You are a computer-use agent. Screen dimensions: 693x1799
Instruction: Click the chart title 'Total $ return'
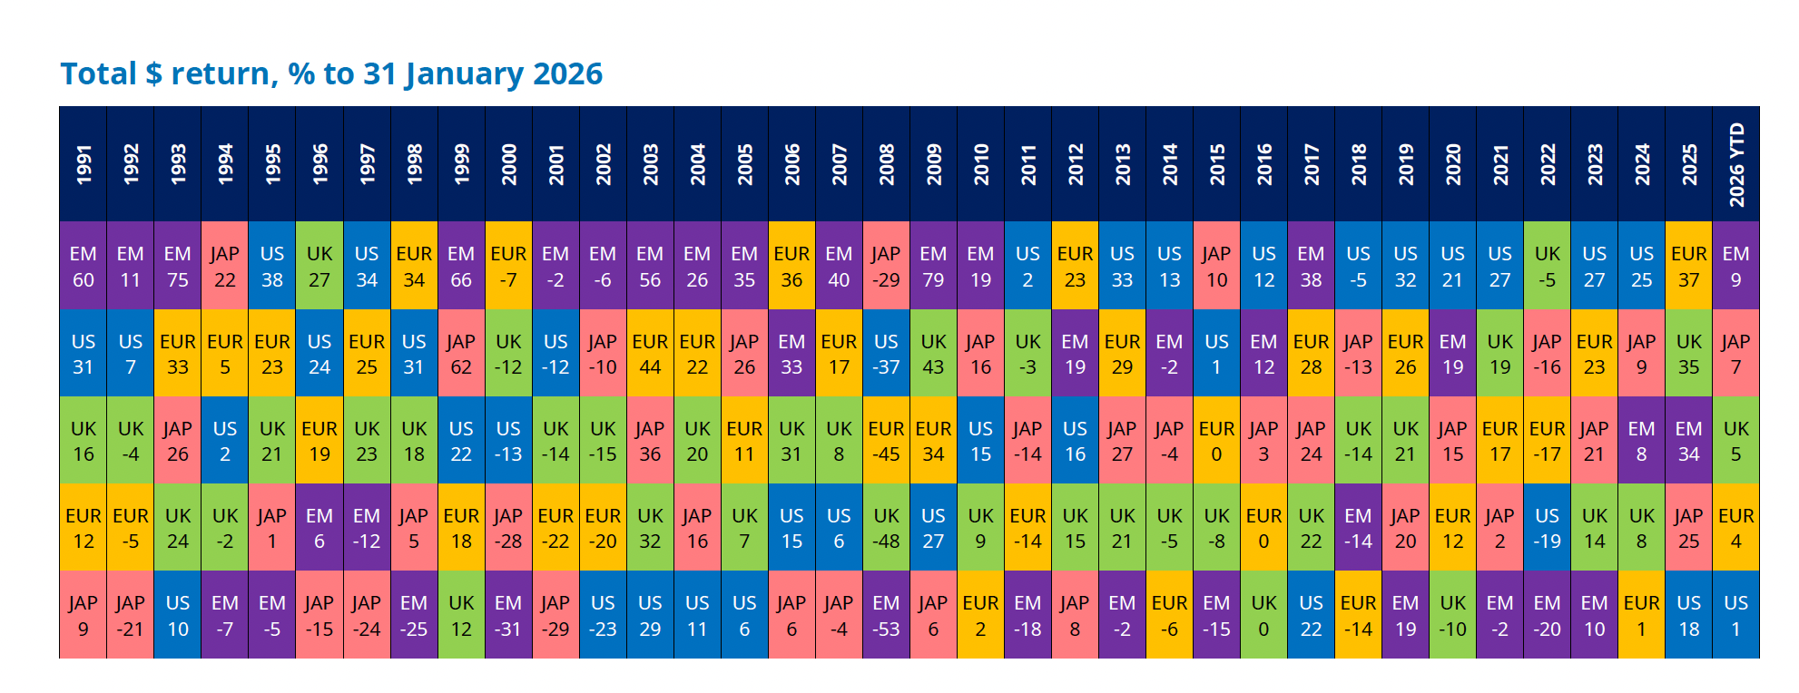pyautogui.click(x=331, y=73)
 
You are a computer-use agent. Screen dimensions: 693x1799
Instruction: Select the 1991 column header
pyautogui.click(x=84, y=164)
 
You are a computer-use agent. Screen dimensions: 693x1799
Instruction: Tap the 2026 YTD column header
pyautogui.click(x=1735, y=164)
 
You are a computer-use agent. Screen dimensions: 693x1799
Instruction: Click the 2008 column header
pyautogui.click(x=886, y=164)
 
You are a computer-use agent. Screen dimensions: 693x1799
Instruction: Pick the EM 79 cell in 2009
pyautogui.click(x=933, y=266)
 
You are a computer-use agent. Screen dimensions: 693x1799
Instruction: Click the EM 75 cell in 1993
pyautogui.click(x=178, y=266)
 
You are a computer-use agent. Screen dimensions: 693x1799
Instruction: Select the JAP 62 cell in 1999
pyautogui.click(x=461, y=354)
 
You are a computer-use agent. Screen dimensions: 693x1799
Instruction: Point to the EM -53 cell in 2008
pyautogui.click(x=886, y=615)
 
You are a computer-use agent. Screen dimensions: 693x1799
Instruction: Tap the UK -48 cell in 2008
pyautogui.click(x=886, y=528)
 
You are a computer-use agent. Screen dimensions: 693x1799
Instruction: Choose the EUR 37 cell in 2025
pyautogui.click(x=1688, y=266)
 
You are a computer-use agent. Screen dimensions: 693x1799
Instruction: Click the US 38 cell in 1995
pyautogui.click(x=272, y=266)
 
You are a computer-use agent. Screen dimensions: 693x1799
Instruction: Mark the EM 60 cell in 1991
pyautogui.click(x=84, y=266)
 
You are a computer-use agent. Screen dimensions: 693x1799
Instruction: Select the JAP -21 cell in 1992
pyautogui.click(x=131, y=615)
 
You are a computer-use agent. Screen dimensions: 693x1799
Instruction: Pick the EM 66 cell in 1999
pyautogui.click(x=461, y=266)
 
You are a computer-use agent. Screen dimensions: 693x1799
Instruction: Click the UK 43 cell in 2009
pyautogui.click(x=933, y=354)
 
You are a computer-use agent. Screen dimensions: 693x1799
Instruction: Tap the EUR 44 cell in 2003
pyautogui.click(x=650, y=354)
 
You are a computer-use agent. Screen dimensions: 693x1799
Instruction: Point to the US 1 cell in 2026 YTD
pyautogui.click(x=1735, y=615)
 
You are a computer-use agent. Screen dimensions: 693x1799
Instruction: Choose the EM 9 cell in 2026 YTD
pyautogui.click(x=1735, y=266)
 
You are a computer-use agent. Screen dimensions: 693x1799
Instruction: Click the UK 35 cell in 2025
pyautogui.click(x=1688, y=354)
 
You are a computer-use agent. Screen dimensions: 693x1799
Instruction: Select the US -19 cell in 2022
pyautogui.click(x=1547, y=528)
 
